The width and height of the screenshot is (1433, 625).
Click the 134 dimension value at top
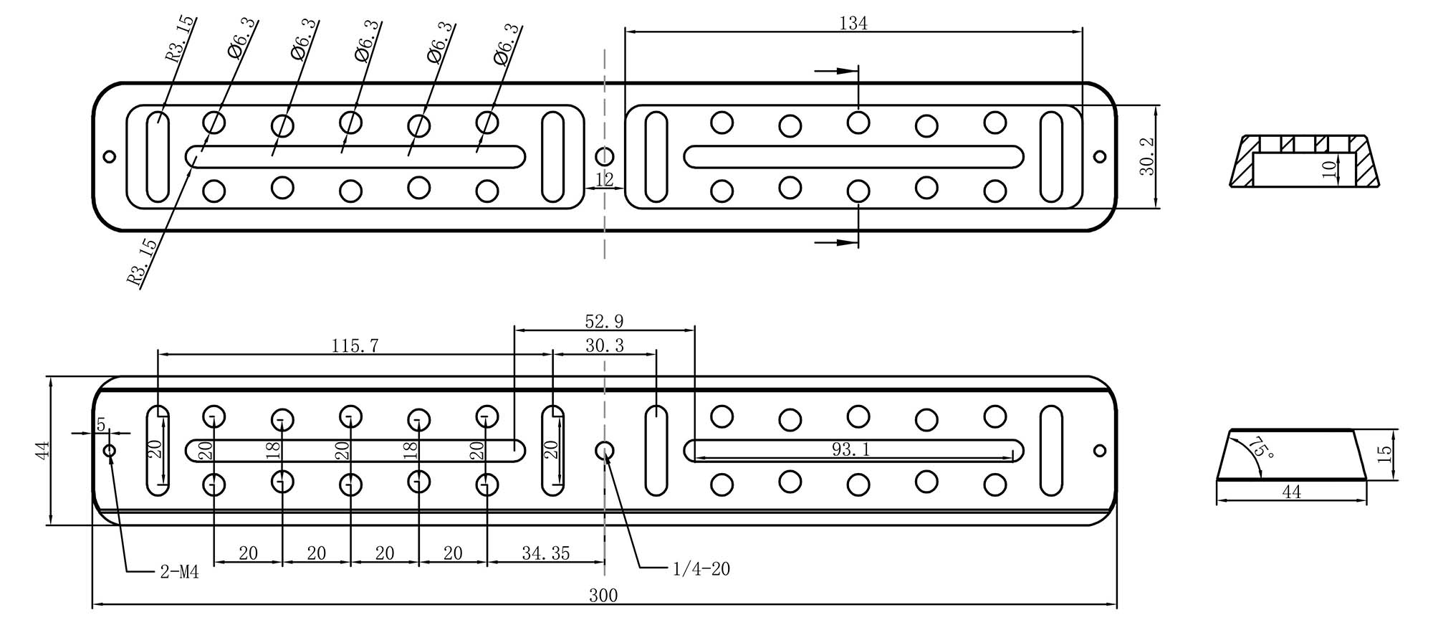(853, 24)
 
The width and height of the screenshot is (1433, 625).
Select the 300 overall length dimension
(603, 596)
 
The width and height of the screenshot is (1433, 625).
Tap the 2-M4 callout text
(179, 573)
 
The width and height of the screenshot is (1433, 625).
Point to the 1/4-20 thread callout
(701, 569)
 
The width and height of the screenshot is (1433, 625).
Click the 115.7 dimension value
(355, 346)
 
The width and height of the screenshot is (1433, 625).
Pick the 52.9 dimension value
(604, 322)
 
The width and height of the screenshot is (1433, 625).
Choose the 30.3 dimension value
(605, 346)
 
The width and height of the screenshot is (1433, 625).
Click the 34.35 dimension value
(546, 553)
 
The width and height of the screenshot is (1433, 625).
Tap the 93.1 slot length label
(851, 449)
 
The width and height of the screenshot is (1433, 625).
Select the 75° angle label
(1261, 449)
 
